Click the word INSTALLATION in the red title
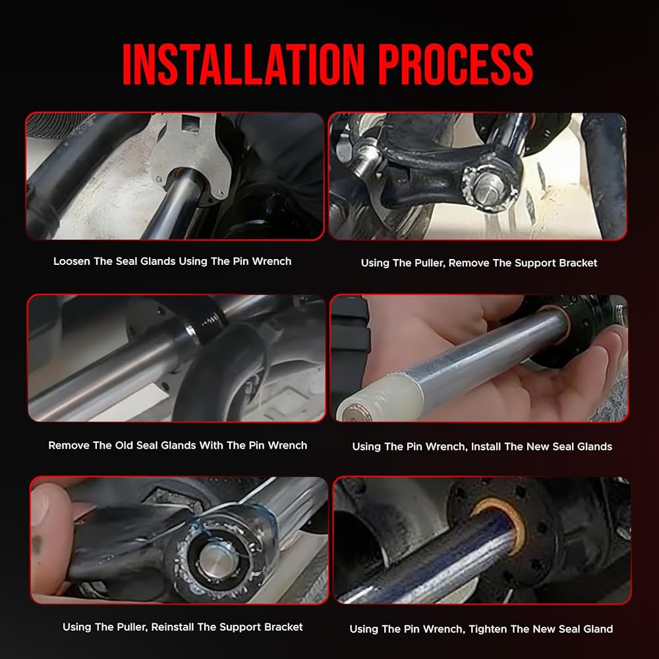click(x=243, y=65)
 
